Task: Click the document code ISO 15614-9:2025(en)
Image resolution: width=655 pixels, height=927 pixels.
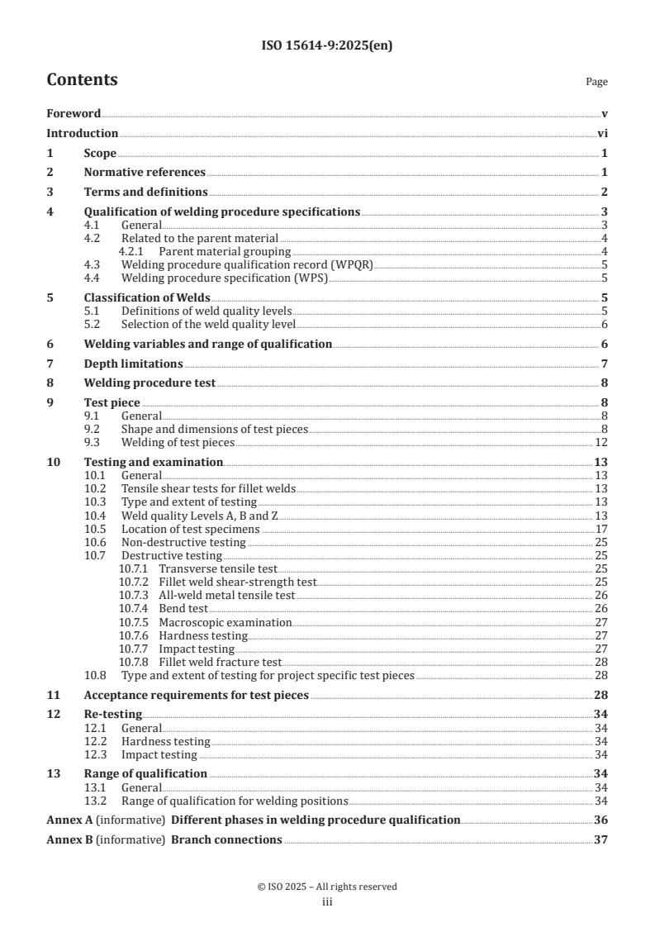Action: coord(327,46)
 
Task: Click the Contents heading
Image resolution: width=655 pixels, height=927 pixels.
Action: coord(82,80)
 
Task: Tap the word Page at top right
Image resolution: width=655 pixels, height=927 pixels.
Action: coord(596,82)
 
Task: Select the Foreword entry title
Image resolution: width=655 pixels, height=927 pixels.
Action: coord(74,113)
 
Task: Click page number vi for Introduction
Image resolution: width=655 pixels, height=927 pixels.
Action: coord(602,133)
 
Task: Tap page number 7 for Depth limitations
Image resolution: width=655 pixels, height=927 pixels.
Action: coord(605,364)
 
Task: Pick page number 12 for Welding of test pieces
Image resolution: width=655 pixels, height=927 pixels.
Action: coord(602,443)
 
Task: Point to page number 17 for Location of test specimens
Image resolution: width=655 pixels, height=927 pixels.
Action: coord(602,529)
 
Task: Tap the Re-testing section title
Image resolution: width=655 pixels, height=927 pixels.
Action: coord(113,714)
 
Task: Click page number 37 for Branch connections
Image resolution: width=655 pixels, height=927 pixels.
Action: coord(601,840)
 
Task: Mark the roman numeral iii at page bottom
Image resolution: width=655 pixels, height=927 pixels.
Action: coord(327,902)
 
